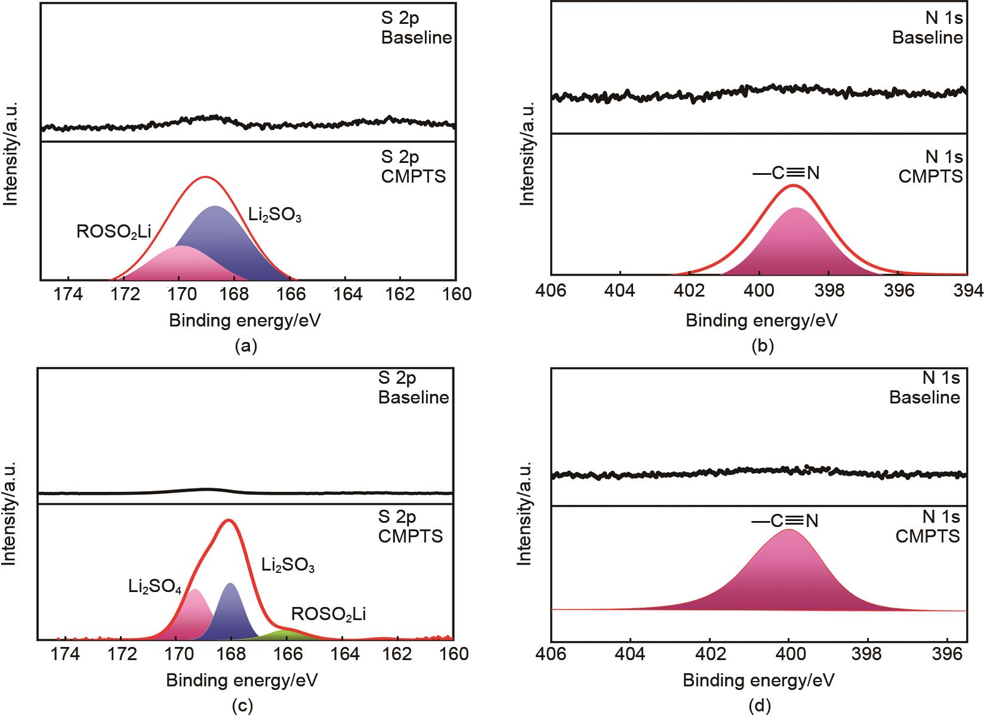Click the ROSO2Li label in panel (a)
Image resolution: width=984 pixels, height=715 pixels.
click(x=113, y=232)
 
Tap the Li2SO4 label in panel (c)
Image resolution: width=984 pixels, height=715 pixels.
click(x=155, y=585)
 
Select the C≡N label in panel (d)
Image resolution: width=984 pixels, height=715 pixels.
click(x=784, y=521)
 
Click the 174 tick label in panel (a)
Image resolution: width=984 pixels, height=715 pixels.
click(x=69, y=294)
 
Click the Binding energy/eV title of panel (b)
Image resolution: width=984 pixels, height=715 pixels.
click(x=761, y=321)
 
